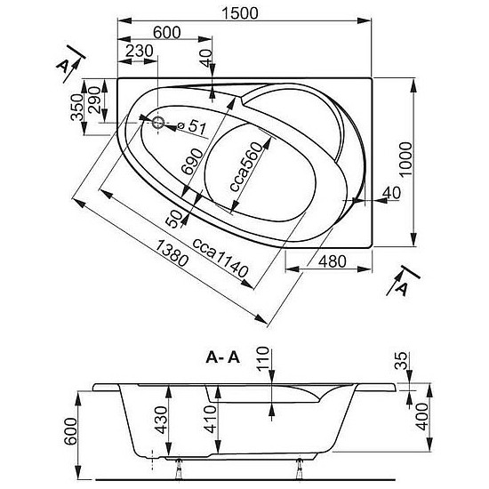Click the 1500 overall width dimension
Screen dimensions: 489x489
tap(239, 13)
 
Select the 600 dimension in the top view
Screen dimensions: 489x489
tap(167, 32)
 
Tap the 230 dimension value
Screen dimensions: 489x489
tap(140, 51)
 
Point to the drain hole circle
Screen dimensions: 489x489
tap(158, 123)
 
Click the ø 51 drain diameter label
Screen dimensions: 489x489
tap(191, 126)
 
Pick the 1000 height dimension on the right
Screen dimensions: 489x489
tap(405, 160)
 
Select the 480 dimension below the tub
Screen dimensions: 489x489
tap(333, 261)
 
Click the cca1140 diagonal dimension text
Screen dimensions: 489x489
tap(220, 258)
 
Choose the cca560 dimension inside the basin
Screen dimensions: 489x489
tap(245, 166)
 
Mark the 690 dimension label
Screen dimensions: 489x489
tap(192, 162)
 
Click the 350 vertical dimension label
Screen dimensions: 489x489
tap(77, 108)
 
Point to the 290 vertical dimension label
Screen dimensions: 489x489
tap(94, 100)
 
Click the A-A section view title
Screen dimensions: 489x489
tap(223, 357)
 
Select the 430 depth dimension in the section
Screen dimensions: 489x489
tap(162, 420)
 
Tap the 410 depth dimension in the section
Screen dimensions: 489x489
tap(210, 419)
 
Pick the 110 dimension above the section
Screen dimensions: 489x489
tap(262, 357)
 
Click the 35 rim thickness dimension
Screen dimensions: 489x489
tap(401, 360)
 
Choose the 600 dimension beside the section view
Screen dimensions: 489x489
tap(70, 431)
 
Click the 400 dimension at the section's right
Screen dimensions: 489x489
tap(422, 417)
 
